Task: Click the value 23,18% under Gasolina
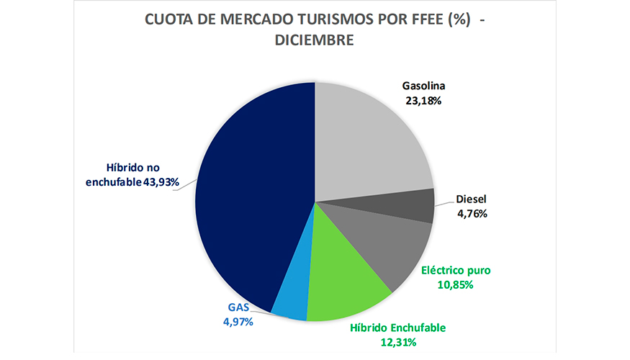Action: pos(423,102)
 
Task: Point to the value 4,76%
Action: pos(473,213)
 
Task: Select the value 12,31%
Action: pos(397,341)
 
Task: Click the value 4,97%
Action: pos(236,322)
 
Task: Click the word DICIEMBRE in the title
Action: pos(315,41)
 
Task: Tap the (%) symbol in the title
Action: pos(459,20)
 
